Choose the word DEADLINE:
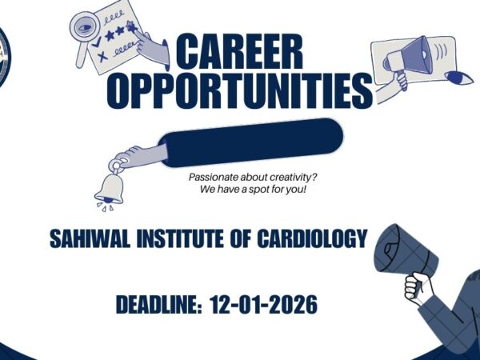pyautogui.click(x=159, y=305)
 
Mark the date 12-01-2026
pyautogui.click(x=263, y=305)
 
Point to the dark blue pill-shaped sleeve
pyautogui.click(x=253, y=138)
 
